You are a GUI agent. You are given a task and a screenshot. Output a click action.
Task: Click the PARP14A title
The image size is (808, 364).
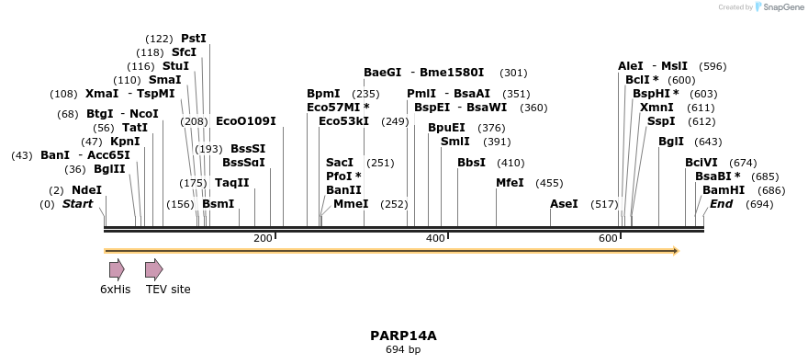(x=403, y=336)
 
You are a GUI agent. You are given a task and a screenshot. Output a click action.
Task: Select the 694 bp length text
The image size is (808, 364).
(x=403, y=350)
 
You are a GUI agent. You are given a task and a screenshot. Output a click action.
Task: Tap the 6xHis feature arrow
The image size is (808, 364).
(x=117, y=269)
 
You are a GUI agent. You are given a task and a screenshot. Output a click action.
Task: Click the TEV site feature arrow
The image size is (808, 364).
(x=153, y=269)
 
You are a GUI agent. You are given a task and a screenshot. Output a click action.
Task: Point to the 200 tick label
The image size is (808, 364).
(x=263, y=239)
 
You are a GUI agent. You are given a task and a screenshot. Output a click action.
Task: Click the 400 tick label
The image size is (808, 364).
(x=435, y=239)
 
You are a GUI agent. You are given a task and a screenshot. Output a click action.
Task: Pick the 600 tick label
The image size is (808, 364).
(x=608, y=239)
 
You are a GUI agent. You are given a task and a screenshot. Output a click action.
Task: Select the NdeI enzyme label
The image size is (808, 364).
(x=86, y=189)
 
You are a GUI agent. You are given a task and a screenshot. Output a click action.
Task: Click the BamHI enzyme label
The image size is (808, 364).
(x=724, y=189)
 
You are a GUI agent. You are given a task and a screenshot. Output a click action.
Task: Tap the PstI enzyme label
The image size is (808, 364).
(x=194, y=39)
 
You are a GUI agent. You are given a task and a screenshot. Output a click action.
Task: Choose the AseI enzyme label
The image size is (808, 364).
(x=564, y=203)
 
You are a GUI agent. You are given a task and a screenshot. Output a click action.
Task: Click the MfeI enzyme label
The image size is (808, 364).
(x=510, y=183)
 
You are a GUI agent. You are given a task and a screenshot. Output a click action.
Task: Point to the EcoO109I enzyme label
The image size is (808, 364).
(x=245, y=121)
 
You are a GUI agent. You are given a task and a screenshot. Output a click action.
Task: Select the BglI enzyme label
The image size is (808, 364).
(x=671, y=142)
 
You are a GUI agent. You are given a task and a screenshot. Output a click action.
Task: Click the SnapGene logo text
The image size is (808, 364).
(x=781, y=7)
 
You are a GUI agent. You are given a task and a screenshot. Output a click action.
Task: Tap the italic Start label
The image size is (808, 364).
(x=77, y=203)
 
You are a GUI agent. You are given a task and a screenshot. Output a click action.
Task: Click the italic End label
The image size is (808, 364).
(x=721, y=203)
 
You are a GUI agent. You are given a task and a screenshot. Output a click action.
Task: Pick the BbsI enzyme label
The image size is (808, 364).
(x=471, y=163)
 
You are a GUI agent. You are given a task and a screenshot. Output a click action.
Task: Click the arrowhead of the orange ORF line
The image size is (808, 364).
(x=675, y=250)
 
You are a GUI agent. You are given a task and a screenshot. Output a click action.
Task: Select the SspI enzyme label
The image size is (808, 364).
(x=661, y=121)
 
